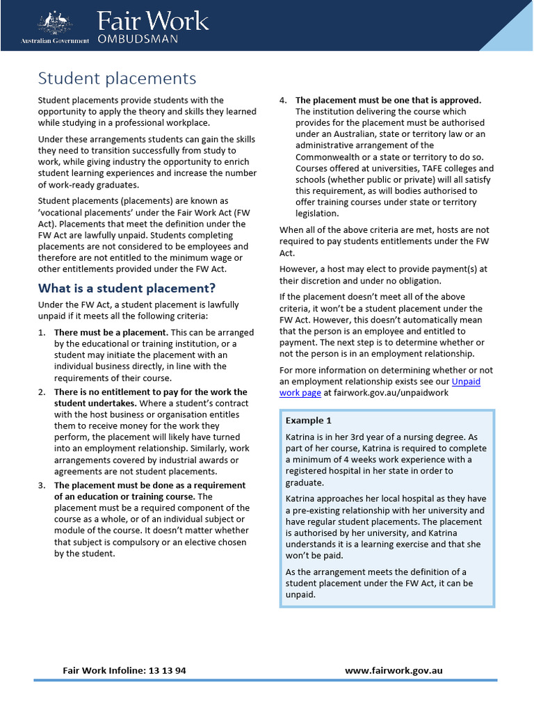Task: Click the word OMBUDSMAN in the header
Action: click(138, 39)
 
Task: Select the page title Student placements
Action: click(117, 78)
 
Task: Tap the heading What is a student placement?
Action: click(127, 288)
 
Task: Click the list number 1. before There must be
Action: click(42, 332)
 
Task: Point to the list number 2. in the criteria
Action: click(42, 392)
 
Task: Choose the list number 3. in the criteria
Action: click(42, 485)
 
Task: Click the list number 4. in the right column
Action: click(283, 100)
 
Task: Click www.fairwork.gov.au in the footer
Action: click(394, 671)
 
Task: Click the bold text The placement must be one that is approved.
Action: click(388, 100)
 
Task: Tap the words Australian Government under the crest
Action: click(55, 41)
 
